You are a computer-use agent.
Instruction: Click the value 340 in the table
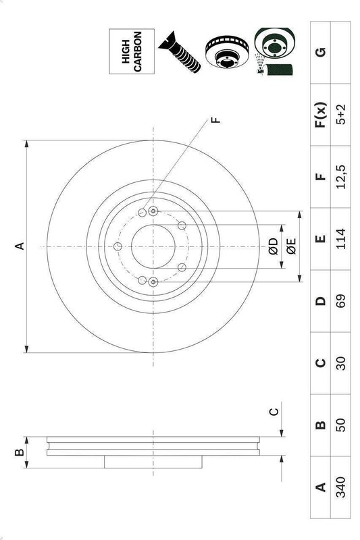(340, 487)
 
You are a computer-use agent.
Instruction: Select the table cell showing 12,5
(340, 177)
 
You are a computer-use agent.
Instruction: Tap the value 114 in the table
(340, 239)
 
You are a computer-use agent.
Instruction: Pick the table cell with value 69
(340, 301)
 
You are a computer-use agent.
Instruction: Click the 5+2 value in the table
(340, 115)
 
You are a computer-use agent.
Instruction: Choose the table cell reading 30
(340, 363)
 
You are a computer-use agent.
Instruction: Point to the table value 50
(340, 425)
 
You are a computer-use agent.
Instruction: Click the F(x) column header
(320, 115)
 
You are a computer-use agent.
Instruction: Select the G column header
(320, 52)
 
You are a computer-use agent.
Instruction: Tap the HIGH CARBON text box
(132, 51)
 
